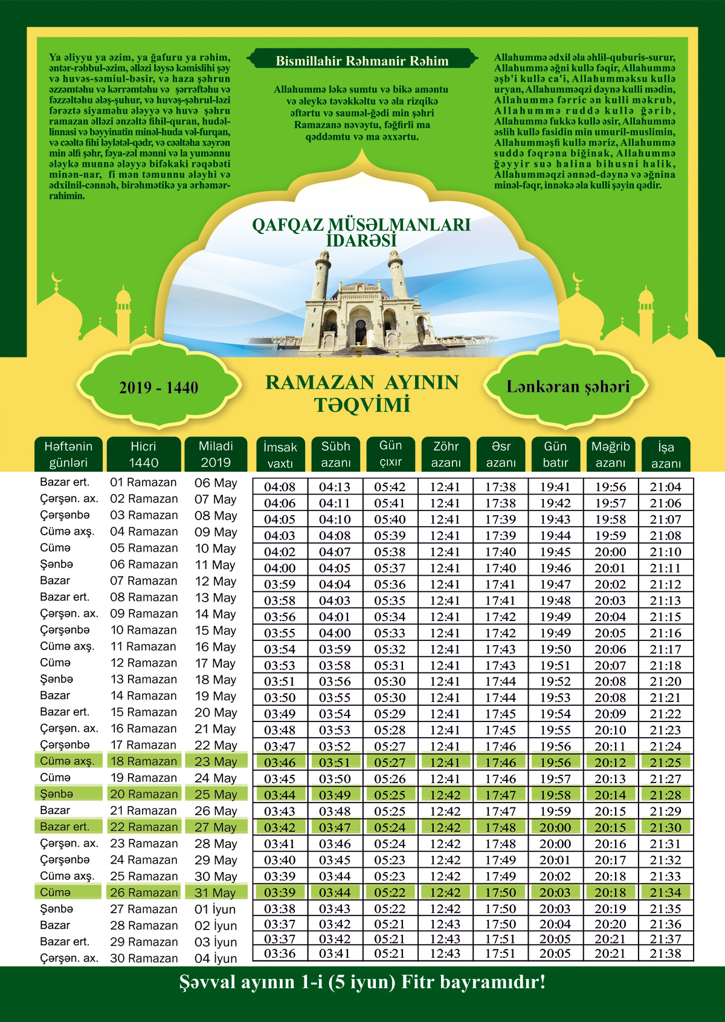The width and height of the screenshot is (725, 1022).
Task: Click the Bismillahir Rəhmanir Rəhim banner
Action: pyautogui.click(x=362, y=61)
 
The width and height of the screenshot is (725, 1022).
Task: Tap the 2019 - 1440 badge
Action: pyautogui.click(x=158, y=388)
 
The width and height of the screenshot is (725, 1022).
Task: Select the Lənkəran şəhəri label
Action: pyautogui.click(x=567, y=386)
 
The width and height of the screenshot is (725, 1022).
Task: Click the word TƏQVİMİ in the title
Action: pyautogui.click(x=362, y=405)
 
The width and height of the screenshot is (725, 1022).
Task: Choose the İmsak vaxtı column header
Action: pyautogui.click(x=280, y=455)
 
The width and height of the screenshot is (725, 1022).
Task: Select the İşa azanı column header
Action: pyautogui.click(x=666, y=455)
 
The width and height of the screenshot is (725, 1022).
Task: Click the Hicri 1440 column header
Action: pyautogui.click(x=143, y=454)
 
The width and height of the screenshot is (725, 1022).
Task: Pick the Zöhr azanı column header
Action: pyautogui.click(x=446, y=454)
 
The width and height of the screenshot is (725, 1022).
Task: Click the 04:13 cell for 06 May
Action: pyautogui.click(x=335, y=487)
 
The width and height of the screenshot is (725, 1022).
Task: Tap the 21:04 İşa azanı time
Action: pyautogui.click(x=665, y=487)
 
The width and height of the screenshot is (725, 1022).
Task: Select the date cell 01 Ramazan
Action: pyautogui.click(x=143, y=483)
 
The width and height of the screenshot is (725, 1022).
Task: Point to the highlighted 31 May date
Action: pyautogui.click(x=215, y=893)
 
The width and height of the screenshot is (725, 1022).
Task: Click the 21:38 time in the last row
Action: pyautogui.click(x=665, y=953)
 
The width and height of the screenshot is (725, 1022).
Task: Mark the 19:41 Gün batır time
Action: pyautogui.click(x=555, y=487)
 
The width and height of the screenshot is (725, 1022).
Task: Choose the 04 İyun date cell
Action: pyautogui.click(x=216, y=958)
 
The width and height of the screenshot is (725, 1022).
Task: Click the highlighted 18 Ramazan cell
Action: pyautogui.click(x=144, y=761)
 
